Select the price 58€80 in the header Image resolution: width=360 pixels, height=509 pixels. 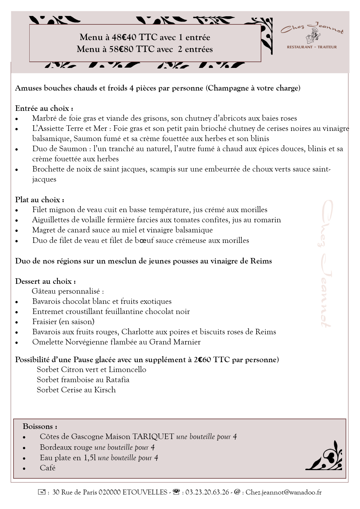tap(121, 49)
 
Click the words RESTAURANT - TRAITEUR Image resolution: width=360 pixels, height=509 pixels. tap(312, 47)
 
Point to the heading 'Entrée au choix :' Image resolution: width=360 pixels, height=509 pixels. tap(44, 109)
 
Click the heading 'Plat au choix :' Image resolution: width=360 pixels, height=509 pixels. tap(40, 200)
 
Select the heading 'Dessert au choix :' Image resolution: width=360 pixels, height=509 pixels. tap(46, 281)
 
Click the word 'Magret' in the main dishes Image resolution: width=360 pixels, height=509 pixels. tap(44, 230)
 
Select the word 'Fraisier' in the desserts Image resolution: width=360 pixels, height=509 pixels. tap(45, 322)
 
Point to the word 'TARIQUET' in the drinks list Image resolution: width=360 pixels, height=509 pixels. tap(153, 437)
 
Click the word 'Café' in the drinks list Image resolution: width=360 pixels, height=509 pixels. tap(48, 468)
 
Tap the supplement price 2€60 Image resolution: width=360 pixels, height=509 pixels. tap(202, 360)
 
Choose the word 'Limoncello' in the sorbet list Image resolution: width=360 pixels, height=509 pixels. tap(128, 370)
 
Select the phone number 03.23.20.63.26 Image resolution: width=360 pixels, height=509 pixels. tap(207, 492)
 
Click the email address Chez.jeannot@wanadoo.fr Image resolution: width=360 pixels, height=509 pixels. tap(283, 492)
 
